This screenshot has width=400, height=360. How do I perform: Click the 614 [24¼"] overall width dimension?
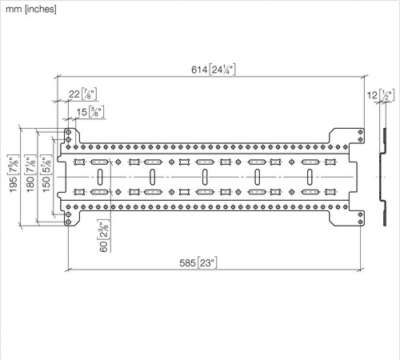click(x=214, y=70)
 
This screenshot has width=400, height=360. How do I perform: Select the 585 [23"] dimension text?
click(x=198, y=263)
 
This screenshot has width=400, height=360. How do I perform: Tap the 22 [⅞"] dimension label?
click(x=82, y=94)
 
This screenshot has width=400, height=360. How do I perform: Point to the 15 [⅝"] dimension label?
click(x=90, y=112)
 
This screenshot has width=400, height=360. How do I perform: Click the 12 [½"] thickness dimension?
click(x=381, y=95)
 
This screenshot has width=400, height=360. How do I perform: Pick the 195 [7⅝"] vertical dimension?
click(x=14, y=174)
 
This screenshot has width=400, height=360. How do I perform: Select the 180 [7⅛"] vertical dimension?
click(x=30, y=174)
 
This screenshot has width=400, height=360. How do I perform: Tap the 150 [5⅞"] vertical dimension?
click(x=46, y=174)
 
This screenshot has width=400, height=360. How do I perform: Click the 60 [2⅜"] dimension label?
click(x=104, y=236)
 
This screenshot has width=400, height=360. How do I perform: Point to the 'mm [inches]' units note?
click(x=31, y=10)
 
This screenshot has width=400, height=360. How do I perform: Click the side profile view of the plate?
click(x=384, y=177)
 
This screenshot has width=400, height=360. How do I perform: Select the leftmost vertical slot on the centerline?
click(x=100, y=177)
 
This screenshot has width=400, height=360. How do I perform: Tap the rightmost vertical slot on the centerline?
click(x=310, y=177)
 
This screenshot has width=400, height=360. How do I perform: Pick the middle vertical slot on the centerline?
click(x=205, y=177)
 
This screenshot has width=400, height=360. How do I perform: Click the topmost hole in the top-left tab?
click(x=68, y=132)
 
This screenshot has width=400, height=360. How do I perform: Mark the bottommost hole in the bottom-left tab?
click(x=68, y=222)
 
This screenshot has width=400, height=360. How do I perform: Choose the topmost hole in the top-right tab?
click(x=361, y=132)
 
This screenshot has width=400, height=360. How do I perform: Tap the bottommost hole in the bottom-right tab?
click(x=361, y=222)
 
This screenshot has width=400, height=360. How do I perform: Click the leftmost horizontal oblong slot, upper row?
click(x=100, y=162)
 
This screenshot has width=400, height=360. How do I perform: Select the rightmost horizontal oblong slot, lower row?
click(x=310, y=192)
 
